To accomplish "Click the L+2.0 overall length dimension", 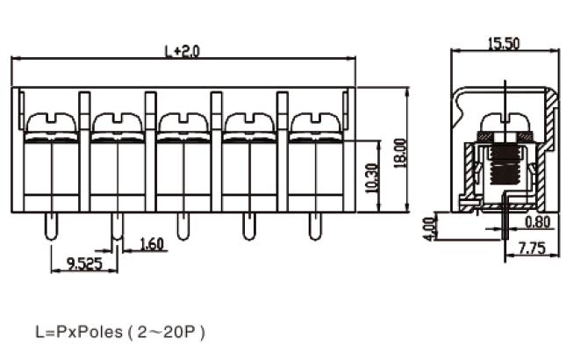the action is click(x=183, y=52).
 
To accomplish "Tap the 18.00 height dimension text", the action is click(x=400, y=154).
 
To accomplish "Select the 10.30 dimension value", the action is click(x=371, y=178).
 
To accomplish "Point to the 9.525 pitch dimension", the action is click(x=84, y=263).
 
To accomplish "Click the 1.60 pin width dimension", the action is click(x=152, y=244).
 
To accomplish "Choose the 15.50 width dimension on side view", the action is click(x=504, y=44).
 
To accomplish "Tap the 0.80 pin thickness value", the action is click(x=538, y=222).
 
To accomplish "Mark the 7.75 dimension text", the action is click(x=532, y=248).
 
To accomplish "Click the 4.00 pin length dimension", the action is click(x=430, y=229).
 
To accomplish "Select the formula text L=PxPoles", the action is click(x=79, y=332).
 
